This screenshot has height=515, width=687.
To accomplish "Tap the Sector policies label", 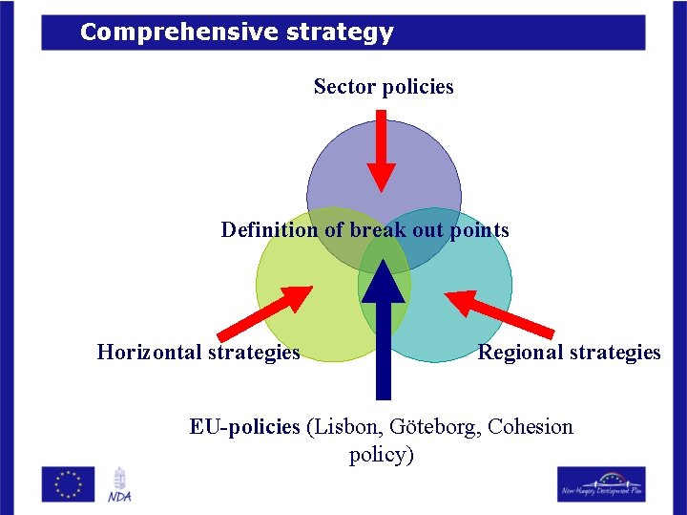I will click(x=384, y=87).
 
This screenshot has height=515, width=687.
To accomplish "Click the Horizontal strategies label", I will click(x=198, y=353).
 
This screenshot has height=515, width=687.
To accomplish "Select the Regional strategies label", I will click(x=569, y=353).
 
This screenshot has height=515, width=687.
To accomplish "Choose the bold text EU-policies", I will click(x=244, y=426).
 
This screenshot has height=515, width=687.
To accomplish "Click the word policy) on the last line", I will click(x=382, y=455).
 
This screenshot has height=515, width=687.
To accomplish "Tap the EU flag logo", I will click(x=68, y=483).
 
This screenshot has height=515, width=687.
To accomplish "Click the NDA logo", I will click(x=120, y=484).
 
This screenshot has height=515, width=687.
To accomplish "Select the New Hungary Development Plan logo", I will click(x=601, y=483).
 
